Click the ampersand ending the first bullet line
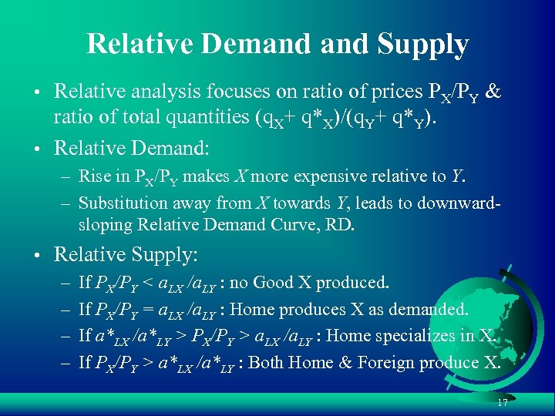point(494,92)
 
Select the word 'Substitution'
point(119,203)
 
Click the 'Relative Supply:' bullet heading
point(126,254)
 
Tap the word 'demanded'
point(431,310)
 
